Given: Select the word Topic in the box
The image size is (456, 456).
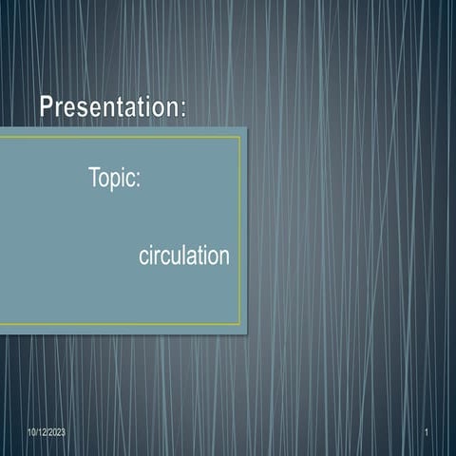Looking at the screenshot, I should click(x=112, y=178).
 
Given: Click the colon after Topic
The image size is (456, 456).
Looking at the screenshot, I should click(x=139, y=180).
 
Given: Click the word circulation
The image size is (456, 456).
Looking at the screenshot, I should click(x=183, y=256).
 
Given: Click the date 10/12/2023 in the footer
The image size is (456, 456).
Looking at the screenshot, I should click(x=47, y=433).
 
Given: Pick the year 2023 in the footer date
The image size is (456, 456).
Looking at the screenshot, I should click(x=56, y=433).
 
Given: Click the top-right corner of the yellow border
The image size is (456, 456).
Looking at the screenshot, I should click(x=239, y=137).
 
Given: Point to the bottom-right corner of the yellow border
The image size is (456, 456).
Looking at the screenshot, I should click(x=239, y=325).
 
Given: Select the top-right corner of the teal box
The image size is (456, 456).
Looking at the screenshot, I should click(x=246, y=127).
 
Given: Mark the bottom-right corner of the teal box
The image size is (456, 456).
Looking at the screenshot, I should click(x=246, y=333).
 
